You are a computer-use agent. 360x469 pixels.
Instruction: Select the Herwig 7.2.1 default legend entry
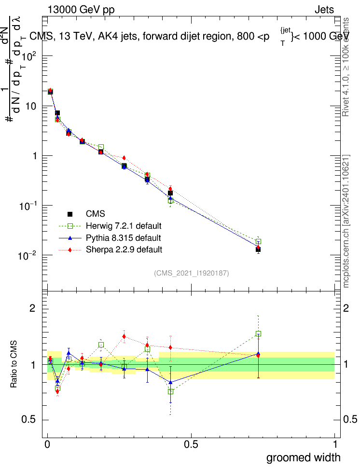[x=123, y=226]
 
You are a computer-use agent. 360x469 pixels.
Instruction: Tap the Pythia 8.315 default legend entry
[x=123, y=238]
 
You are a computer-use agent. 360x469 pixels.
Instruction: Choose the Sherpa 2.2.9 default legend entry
[x=124, y=249]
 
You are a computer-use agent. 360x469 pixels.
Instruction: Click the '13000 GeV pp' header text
[x=81, y=10]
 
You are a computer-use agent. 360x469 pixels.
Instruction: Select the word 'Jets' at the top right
[x=324, y=10]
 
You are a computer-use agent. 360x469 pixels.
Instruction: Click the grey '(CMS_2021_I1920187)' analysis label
[x=192, y=274]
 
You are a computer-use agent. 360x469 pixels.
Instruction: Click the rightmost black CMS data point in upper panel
[x=258, y=249]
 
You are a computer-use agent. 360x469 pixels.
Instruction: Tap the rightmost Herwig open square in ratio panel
[x=258, y=334]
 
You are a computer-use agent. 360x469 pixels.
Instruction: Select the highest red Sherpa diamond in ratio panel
[x=124, y=336]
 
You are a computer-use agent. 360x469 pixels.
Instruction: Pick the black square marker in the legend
[x=69, y=214]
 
